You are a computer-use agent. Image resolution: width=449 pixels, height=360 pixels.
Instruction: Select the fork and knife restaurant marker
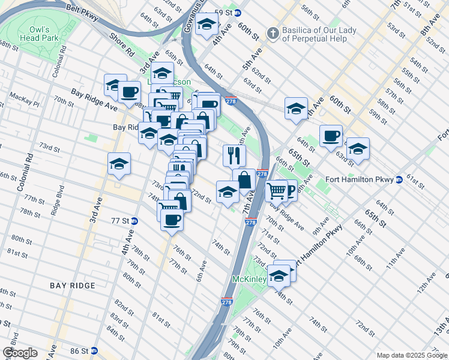[234, 155]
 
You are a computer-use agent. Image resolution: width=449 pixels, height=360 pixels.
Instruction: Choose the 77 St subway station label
[120, 220]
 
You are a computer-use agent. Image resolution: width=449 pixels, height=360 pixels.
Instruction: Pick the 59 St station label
[227, 13]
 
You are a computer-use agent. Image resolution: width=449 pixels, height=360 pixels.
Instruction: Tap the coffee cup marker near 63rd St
[331, 136]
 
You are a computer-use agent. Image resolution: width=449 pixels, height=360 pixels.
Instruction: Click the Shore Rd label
[121, 44]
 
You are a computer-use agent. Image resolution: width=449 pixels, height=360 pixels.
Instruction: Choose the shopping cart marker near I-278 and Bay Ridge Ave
[276, 191]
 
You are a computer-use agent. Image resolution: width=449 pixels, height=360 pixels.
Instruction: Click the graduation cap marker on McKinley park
[279, 275]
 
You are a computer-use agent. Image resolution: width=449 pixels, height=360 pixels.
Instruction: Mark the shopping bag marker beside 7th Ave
[244, 179]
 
